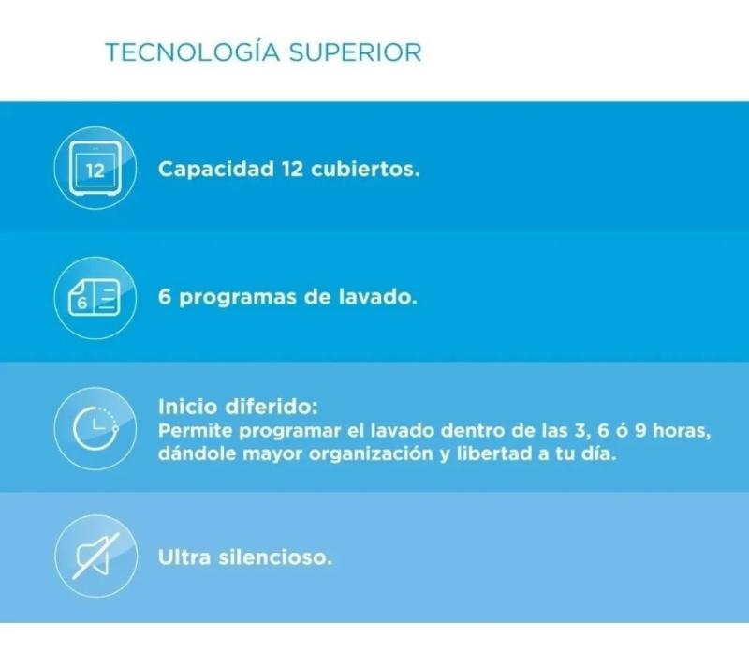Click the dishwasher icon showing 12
point(95,170)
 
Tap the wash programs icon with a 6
point(94,299)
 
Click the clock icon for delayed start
point(95,428)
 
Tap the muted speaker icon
point(95,557)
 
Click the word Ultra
point(182,557)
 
